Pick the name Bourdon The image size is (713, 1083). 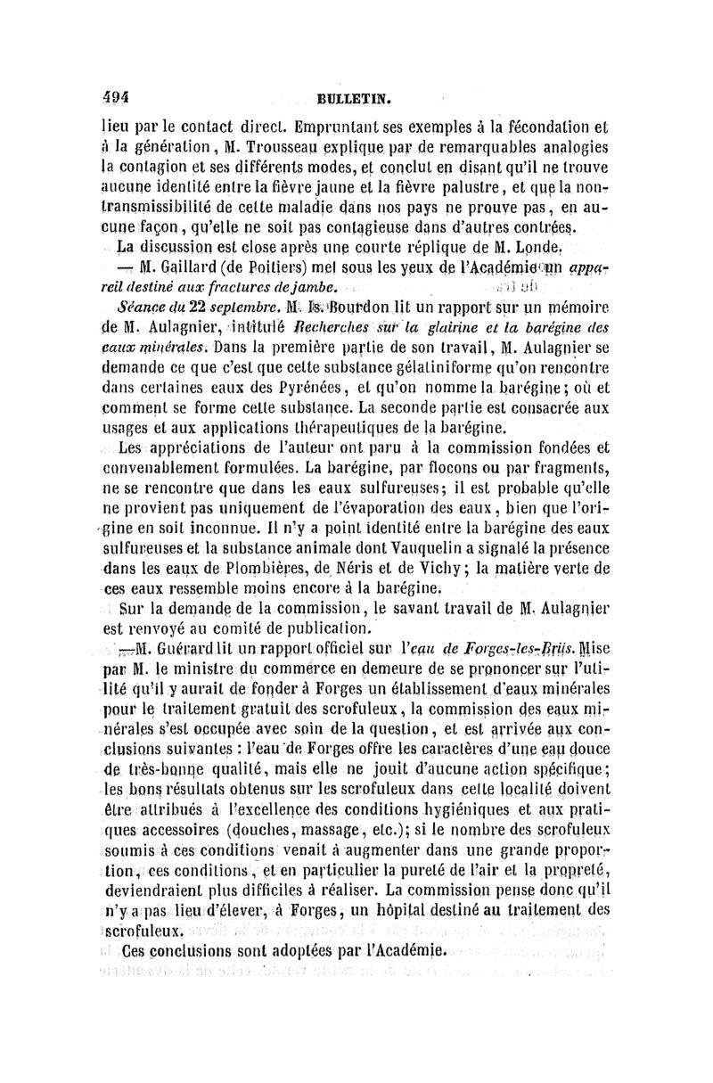[363, 305]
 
